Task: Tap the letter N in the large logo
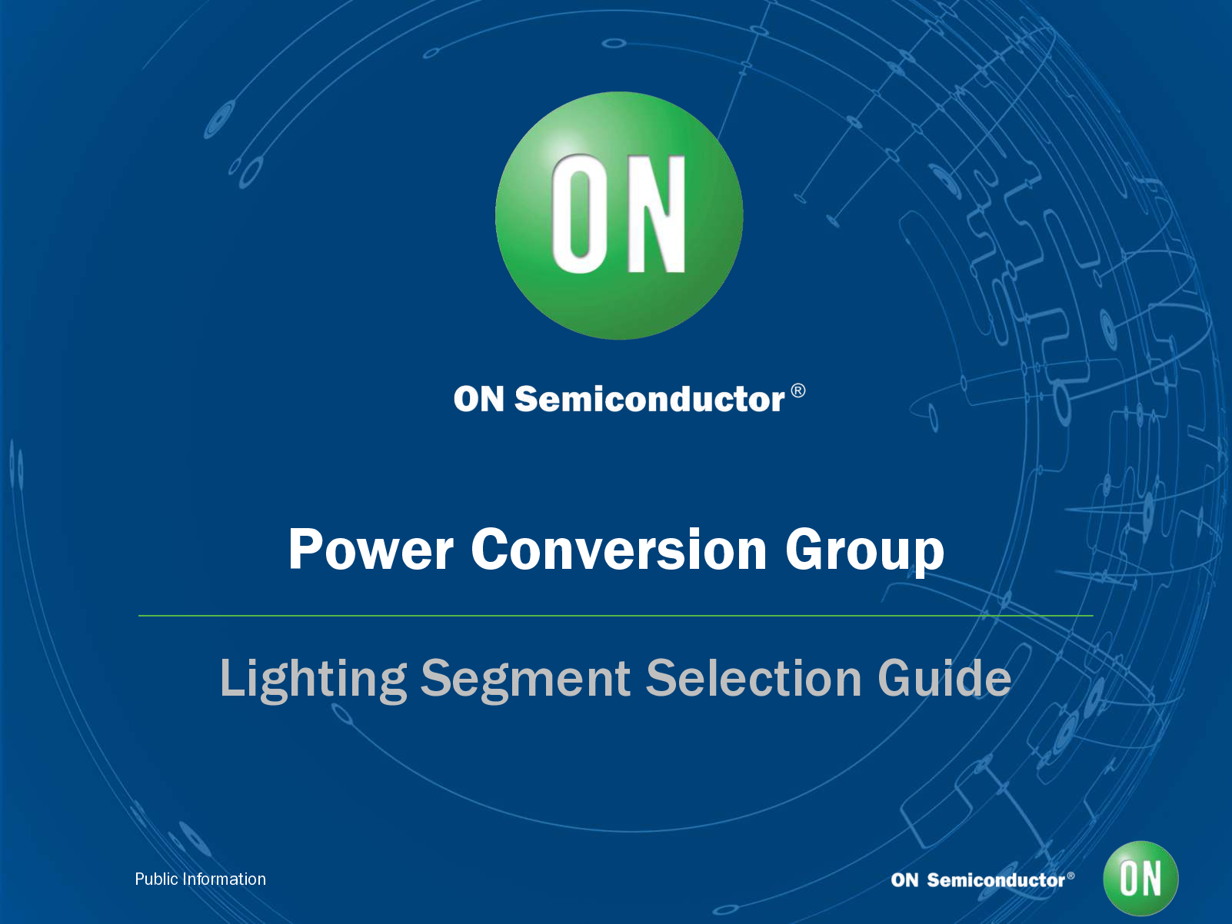[x=656, y=214]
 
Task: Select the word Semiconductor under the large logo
[x=649, y=400]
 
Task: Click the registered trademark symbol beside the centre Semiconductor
[x=798, y=391]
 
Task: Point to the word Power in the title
[x=371, y=550]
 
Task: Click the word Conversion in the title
[x=619, y=550]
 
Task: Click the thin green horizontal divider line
[x=615, y=616]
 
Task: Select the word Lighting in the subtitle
[x=313, y=680]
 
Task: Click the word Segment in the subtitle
[x=525, y=680]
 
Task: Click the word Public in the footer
[x=156, y=879]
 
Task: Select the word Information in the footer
[x=224, y=879]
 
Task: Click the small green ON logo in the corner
[x=1140, y=879]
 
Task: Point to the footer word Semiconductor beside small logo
[x=995, y=880]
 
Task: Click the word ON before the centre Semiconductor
[x=478, y=400]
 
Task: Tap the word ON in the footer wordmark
[x=904, y=880]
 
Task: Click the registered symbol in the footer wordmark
[x=1071, y=876]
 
